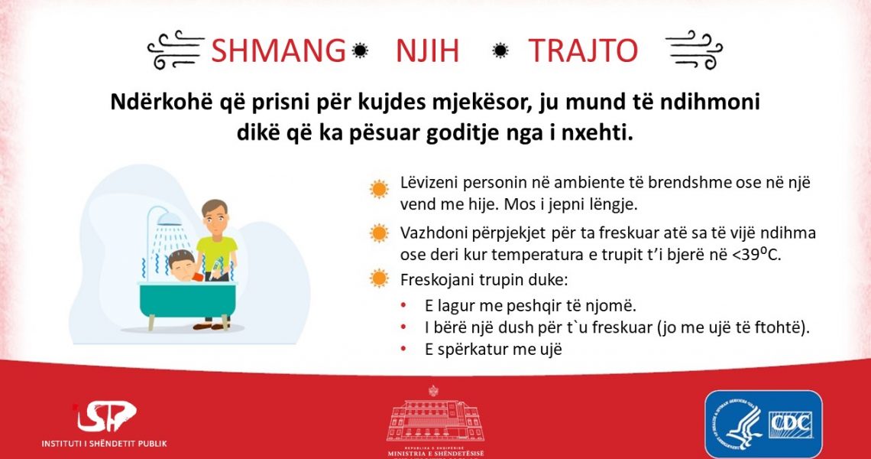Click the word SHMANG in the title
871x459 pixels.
pyautogui.click(x=278, y=50)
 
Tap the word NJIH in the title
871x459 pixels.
pyautogui.click(x=427, y=50)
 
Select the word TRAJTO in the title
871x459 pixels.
pyautogui.click(x=583, y=50)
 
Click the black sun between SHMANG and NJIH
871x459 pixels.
pyautogui.click(x=360, y=50)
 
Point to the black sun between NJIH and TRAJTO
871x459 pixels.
pyautogui.click(x=500, y=50)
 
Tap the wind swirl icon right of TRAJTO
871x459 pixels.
pyautogui.click(x=694, y=50)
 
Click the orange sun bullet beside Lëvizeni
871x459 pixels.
pyautogui.click(x=380, y=189)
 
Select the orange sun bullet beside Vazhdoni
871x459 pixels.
pyautogui.click(x=380, y=233)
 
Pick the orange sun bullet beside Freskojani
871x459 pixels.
pyautogui.click(x=380, y=278)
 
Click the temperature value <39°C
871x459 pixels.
pyautogui.click(x=756, y=254)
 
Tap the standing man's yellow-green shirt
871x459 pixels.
pyautogui.click(x=217, y=254)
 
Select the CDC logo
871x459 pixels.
pyautogui.click(x=764, y=425)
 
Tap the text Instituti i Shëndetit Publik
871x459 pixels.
pyautogui.click(x=104, y=444)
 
